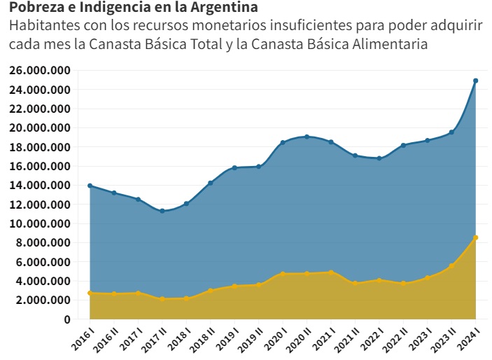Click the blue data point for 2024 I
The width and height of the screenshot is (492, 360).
pyautogui.click(x=476, y=81)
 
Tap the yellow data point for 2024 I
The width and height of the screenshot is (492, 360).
pyautogui.click(x=476, y=237)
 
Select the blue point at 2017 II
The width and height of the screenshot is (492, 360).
pyautogui.click(x=162, y=211)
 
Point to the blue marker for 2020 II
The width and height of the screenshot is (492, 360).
pyautogui.click(x=307, y=137)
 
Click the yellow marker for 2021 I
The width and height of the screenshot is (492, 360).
pyautogui.click(x=331, y=272)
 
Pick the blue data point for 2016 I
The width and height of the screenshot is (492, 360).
pyautogui.click(x=90, y=186)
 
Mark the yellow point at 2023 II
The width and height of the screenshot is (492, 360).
pyautogui.click(x=451, y=265)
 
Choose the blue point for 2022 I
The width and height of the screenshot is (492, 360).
pyautogui.click(x=379, y=158)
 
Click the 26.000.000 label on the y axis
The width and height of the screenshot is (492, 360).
pyautogui.click(x=40, y=71)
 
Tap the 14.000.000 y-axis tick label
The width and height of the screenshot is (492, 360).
pyautogui.click(x=40, y=186)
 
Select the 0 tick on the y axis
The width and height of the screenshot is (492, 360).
pyautogui.click(x=67, y=319)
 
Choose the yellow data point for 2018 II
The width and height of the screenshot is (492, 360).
pyautogui.click(x=211, y=290)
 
